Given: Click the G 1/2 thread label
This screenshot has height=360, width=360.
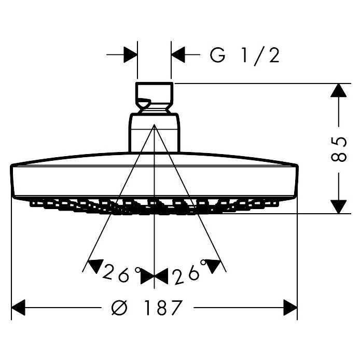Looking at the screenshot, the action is (x=245, y=56).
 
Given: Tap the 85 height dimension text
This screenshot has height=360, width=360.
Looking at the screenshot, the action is (x=338, y=149).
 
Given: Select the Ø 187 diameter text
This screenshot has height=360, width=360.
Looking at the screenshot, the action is (x=147, y=308).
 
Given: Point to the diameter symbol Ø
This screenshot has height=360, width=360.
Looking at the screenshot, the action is (x=119, y=308).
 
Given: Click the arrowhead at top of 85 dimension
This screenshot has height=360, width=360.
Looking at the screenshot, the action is (x=338, y=90).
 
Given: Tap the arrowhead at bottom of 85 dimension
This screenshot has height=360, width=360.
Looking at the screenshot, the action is (x=338, y=206).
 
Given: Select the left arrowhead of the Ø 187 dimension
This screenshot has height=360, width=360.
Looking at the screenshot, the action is (x=18, y=308).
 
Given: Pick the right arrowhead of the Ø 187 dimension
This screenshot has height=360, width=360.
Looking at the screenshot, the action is (x=290, y=308).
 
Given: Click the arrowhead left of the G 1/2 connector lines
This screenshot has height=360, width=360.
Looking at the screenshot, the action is (x=130, y=54).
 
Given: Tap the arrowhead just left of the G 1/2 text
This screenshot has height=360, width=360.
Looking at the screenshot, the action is (x=178, y=54).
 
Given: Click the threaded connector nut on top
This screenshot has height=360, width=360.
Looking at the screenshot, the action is (x=154, y=98).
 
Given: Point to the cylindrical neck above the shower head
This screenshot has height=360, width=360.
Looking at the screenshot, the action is (x=154, y=133).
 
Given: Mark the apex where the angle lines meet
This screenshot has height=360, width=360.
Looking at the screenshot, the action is (x=154, y=124).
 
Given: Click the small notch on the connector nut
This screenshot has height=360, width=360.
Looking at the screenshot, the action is (x=144, y=103).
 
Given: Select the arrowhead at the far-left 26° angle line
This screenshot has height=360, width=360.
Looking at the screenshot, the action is (x=96, y=266).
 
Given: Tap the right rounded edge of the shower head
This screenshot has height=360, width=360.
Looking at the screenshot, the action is (x=295, y=182).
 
